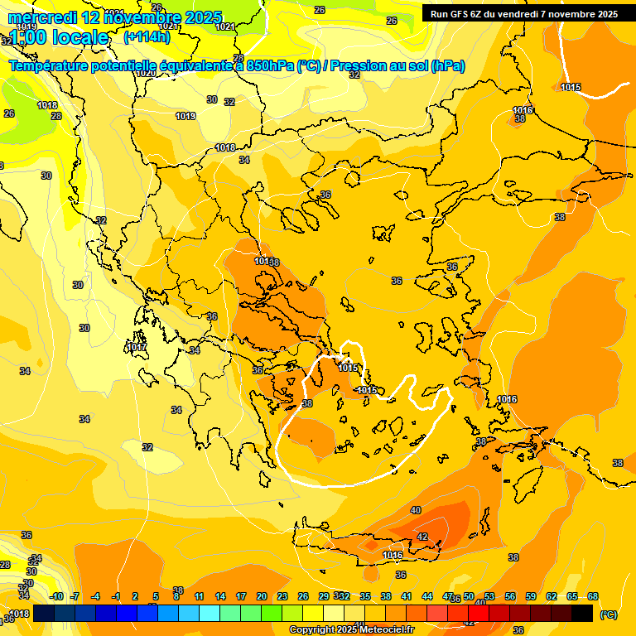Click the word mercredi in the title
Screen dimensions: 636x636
pos(41,17)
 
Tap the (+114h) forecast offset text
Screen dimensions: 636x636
pos(147,37)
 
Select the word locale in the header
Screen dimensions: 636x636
pos(78,37)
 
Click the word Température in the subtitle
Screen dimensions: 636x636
pos(55,66)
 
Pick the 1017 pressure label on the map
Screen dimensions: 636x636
pos(137,347)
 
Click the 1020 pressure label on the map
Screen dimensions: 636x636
pos(146,74)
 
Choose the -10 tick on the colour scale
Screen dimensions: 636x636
pos(56,596)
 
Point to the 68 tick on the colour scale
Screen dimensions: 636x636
pos(593,596)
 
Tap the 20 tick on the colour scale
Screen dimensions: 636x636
pos(261,596)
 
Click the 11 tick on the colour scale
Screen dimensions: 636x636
pos(199,596)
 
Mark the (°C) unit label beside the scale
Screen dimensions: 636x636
pos(609,614)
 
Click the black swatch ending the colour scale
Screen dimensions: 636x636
pos(582,613)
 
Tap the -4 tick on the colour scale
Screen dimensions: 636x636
pos(95,596)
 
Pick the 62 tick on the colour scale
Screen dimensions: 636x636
pos(552,596)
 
